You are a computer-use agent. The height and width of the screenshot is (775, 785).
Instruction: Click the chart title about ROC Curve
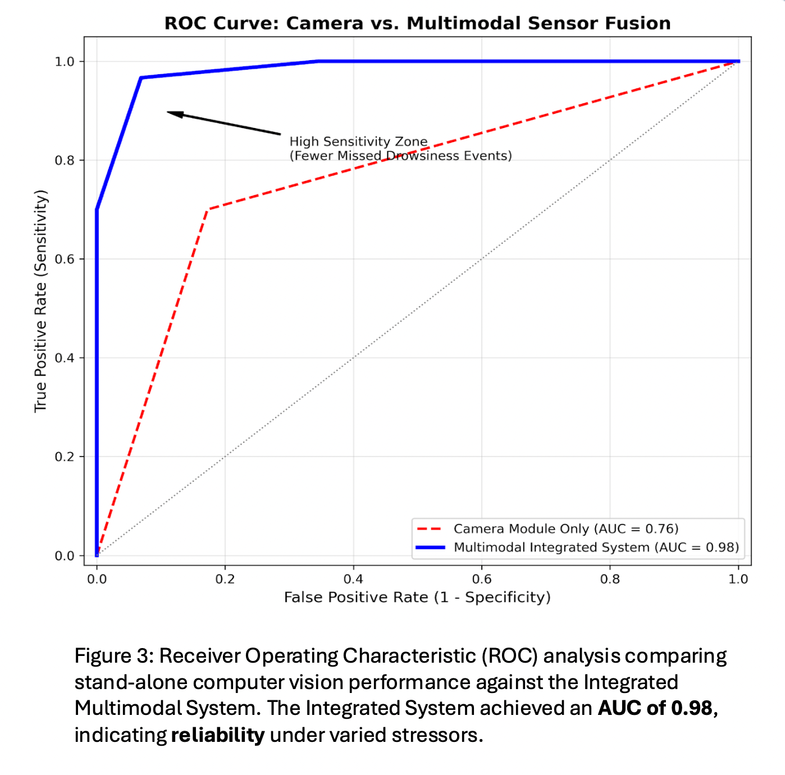point(417,24)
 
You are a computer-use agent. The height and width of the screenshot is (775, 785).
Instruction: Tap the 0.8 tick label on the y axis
point(65,161)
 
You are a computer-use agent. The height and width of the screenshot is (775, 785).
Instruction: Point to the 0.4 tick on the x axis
point(353,579)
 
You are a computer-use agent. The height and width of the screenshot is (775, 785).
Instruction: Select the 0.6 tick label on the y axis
point(65,259)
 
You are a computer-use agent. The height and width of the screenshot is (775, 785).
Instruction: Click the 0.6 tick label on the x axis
point(481,579)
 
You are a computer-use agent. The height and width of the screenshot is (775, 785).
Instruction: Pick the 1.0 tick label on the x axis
point(738,579)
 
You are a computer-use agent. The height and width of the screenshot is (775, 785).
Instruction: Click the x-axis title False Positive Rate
point(417,598)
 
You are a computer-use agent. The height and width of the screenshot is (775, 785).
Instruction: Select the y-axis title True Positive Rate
point(41,301)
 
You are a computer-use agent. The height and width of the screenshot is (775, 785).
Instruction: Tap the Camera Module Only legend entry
point(565,529)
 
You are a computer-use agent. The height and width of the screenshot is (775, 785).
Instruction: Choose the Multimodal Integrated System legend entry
point(596,548)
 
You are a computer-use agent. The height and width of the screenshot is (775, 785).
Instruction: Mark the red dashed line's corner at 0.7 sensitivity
point(208,209)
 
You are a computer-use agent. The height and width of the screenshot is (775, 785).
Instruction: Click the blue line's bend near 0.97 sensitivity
point(141,77)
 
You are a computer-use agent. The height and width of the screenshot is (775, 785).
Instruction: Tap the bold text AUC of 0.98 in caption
point(655,708)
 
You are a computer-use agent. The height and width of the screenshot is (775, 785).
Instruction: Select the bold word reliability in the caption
point(217,735)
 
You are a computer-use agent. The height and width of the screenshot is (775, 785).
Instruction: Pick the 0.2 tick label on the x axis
point(225,579)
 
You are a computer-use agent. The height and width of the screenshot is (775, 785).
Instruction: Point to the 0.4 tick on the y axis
point(65,358)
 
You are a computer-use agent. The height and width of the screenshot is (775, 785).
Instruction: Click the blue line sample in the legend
point(430,548)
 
